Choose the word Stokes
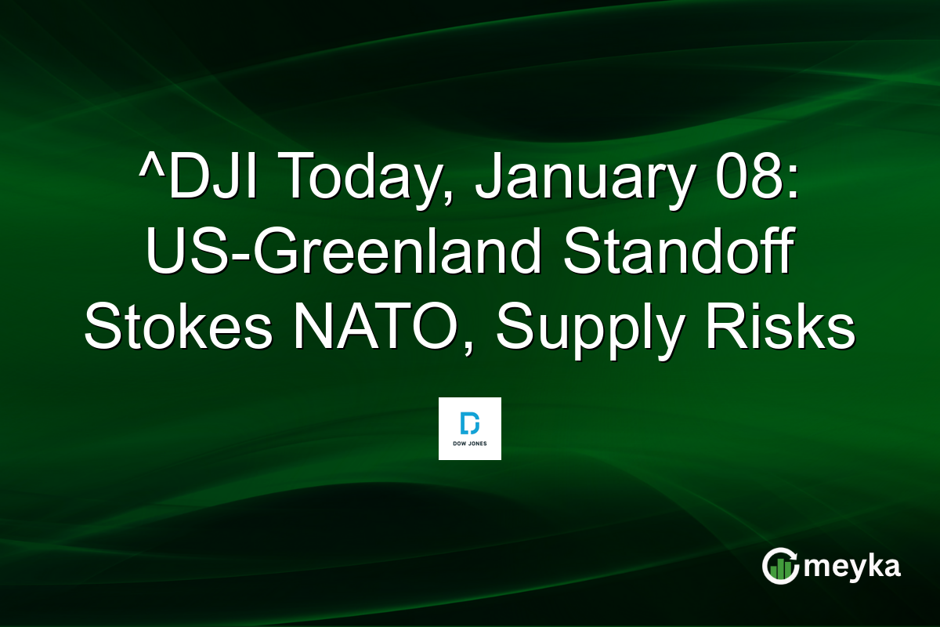pyautogui.click(x=179, y=330)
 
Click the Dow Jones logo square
pyautogui.click(x=470, y=429)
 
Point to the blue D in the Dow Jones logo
pyautogui.click(x=470, y=423)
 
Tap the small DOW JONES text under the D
pyautogui.click(x=470, y=444)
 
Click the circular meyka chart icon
pyautogui.click(x=781, y=566)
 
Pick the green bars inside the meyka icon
pyautogui.click(x=780, y=570)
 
